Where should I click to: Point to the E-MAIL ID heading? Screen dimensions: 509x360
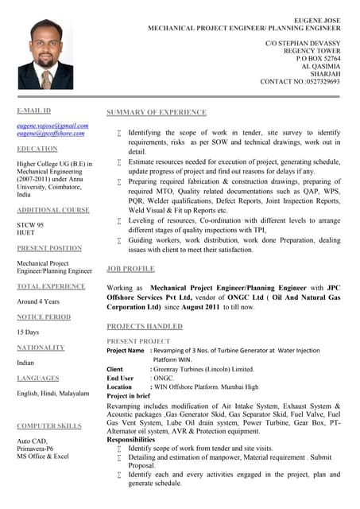[x=34, y=110]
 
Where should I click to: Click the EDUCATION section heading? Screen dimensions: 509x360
[x=37, y=149]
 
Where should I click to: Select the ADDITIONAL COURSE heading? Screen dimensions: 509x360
[x=53, y=209]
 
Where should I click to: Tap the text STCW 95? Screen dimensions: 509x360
[x=30, y=225]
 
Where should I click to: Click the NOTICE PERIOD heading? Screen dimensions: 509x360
[x=44, y=317]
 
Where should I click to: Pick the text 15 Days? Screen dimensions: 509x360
[x=29, y=332]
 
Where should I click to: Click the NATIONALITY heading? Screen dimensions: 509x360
[x=41, y=348]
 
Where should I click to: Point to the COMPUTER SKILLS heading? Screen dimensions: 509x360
[x=49, y=426]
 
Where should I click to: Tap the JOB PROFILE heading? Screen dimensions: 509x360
[x=130, y=269]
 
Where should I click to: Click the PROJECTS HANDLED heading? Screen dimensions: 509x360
[x=144, y=327]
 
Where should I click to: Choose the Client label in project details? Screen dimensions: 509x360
[x=115, y=369]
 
